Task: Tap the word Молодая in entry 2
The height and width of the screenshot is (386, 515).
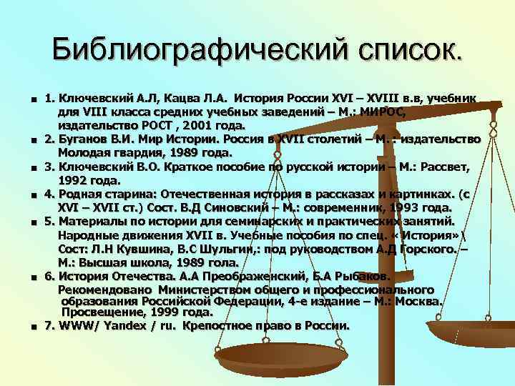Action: [x=85, y=153]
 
